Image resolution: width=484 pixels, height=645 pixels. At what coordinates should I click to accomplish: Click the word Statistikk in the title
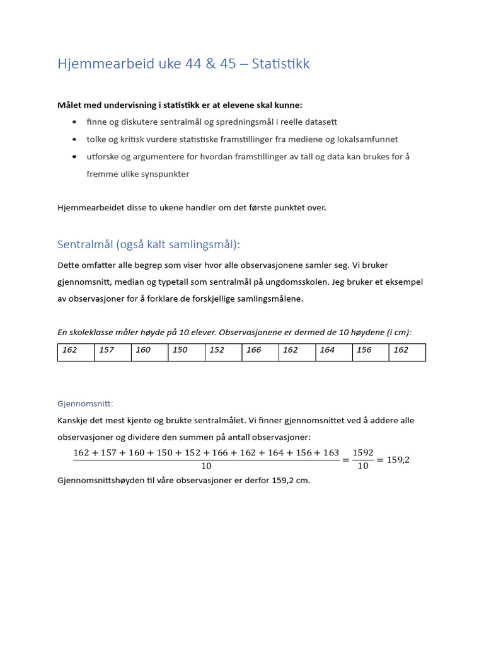280,64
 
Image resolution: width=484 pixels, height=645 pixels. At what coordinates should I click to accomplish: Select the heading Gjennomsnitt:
85,404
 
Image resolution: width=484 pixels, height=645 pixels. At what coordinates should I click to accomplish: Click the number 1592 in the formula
363,453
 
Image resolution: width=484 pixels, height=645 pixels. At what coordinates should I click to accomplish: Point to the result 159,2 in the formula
398,460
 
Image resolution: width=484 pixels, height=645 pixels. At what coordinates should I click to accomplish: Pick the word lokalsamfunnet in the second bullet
367,139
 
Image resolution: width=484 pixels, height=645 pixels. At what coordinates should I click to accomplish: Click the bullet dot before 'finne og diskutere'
75,122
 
